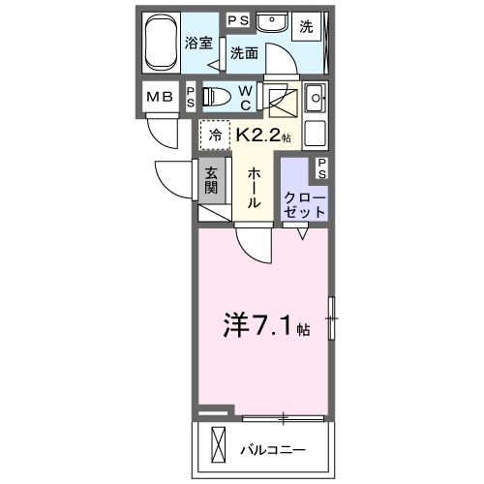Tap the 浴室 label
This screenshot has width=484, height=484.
point(199,43)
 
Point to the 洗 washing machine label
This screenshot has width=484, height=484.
point(306,26)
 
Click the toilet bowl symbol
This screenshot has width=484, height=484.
point(215,97)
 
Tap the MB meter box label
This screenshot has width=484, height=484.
point(159,97)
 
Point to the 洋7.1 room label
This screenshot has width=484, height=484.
point(261,326)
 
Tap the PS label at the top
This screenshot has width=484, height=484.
point(237,19)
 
